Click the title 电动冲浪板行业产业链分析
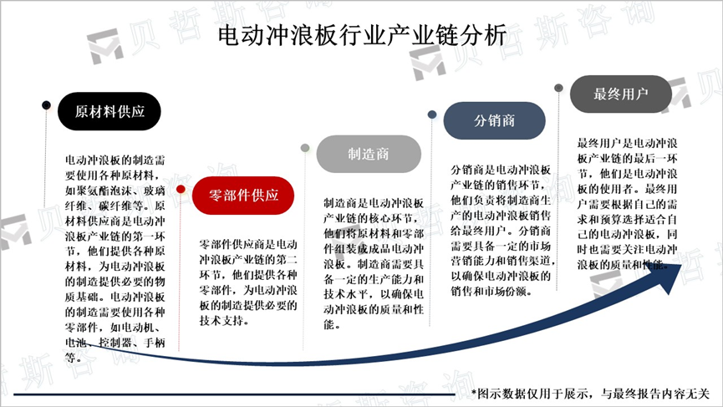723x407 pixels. [361, 36]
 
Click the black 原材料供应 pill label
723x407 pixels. [109, 111]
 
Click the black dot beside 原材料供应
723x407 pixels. [46, 105]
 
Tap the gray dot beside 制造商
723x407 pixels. [307, 148]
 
